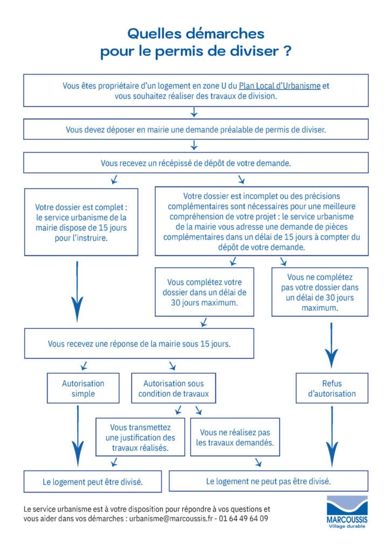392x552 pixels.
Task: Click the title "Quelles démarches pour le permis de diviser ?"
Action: (196, 43)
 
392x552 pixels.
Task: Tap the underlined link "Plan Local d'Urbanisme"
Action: (279, 86)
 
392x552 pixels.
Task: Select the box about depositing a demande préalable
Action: (196, 129)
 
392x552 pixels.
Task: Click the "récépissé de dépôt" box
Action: (196, 162)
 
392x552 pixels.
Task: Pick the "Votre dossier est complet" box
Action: (81, 222)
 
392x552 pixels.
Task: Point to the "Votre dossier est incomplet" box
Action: (262, 221)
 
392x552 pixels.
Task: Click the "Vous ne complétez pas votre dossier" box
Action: (320, 292)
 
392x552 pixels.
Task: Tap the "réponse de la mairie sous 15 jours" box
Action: (139, 343)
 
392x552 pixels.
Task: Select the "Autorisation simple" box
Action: (82, 388)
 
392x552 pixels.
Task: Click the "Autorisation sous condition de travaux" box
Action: (173, 388)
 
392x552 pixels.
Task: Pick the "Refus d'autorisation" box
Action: (332, 388)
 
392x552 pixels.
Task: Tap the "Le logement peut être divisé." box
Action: (92, 481)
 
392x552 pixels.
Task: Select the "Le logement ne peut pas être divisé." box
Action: (269, 481)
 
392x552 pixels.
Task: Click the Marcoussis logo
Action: (347, 512)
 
